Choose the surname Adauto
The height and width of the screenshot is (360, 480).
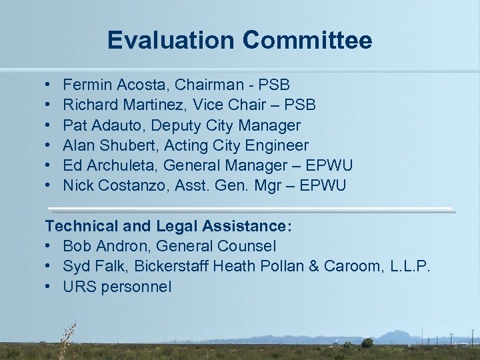(116, 125)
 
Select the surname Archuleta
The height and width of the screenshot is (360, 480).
(122, 165)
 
